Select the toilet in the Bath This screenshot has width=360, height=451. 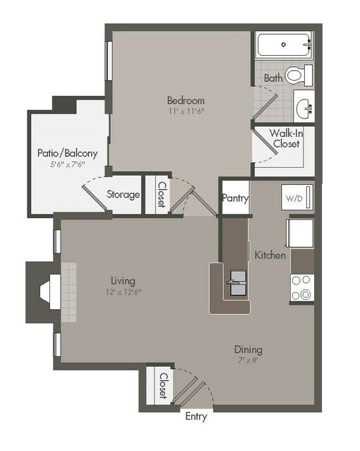[x=304, y=74]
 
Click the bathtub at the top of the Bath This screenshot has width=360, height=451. [x=284, y=44]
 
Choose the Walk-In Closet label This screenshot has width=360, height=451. [x=284, y=138]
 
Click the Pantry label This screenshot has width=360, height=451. [x=235, y=198]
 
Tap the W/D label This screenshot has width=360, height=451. [x=292, y=198]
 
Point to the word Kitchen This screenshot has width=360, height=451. [x=270, y=255]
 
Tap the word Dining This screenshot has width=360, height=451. [x=248, y=349]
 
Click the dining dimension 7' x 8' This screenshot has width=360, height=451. [x=248, y=361]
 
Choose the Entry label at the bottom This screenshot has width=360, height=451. [x=196, y=416]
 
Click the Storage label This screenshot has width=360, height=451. [x=123, y=195]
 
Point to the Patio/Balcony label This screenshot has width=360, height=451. [x=68, y=152]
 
